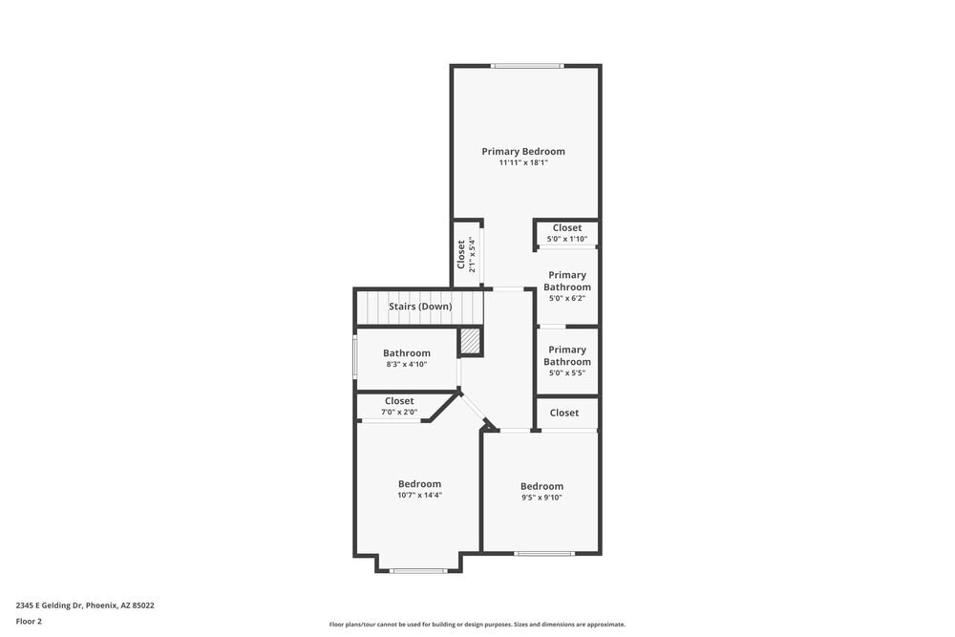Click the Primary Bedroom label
point(522,151)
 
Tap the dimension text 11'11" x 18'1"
point(522,163)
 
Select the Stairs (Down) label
point(420,307)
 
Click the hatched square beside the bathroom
point(470,342)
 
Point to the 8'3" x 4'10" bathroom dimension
point(406,365)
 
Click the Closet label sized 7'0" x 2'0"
point(399,401)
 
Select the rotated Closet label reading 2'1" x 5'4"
point(461,255)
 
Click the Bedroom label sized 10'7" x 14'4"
point(419,484)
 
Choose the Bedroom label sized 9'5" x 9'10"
point(541,486)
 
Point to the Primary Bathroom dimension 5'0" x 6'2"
point(567,299)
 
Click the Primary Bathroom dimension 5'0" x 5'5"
point(567,373)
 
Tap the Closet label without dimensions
point(564,414)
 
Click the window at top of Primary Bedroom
point(527,66)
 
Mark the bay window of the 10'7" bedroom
point(418,571)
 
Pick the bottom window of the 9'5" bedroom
point(543,553)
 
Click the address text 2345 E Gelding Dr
point(85,605)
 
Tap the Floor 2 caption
point(29,621)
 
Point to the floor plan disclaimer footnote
point(477,625)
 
